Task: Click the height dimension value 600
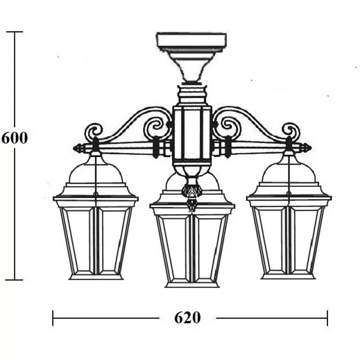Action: coord(14,138)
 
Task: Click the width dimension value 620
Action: coord(187,318)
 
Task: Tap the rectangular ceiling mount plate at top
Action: coord(192,40)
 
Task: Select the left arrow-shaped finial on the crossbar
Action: coord(79,148)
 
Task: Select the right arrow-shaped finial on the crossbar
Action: coord(306,148)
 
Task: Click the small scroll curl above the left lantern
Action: coord(94,131)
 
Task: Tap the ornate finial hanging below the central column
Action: coord(190,195)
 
